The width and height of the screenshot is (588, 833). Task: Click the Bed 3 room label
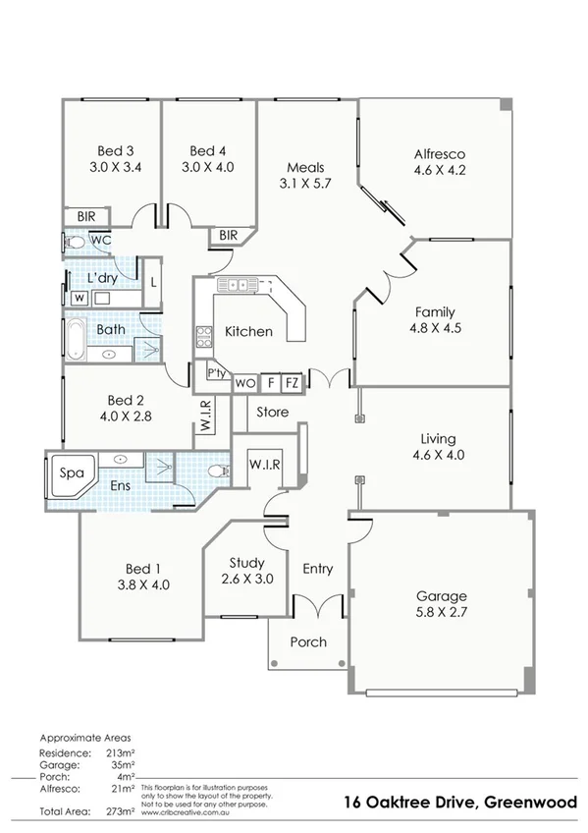pyautogui.click(x=116, y=150)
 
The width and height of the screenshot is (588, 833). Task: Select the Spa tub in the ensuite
pyautogui.click(x=70, y=472)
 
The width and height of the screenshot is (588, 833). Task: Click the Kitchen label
pyautogui.click(x=248, y=331)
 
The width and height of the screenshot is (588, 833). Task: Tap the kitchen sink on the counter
pyautogui.click(x=238, y=285)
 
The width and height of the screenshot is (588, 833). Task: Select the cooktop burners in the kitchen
pyautogui.click(x=205, y=337)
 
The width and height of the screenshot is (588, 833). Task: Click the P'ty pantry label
pyautogui.click(x=217, y=374)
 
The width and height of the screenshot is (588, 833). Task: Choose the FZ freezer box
pyautogui.click(x=292, y=382)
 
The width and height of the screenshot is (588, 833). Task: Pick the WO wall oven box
pyautogui.click(x=245, y=382)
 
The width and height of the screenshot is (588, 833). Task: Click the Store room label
pyautogui.click(x=272, y=412)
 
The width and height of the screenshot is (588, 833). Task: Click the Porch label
pyautogui.click(x=308, y=641)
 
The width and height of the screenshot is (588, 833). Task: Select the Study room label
pyautogui.click(x=246, y=563)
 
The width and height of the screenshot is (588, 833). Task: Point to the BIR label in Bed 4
pyautogui.click(x=229, y=235)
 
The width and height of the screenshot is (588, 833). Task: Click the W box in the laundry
pyautogui.click(x=77, y=298)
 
